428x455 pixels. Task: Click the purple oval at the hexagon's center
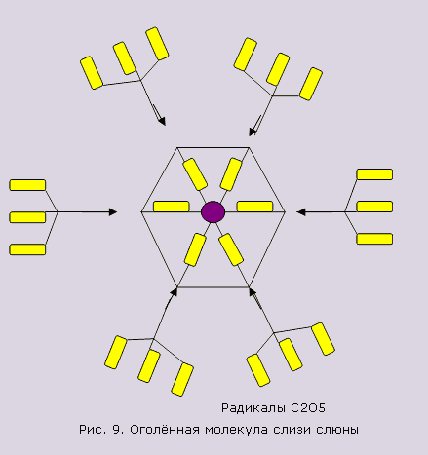pos(213,211)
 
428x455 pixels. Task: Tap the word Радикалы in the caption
pos(253,408)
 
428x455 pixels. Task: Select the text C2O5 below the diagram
pos(308,407)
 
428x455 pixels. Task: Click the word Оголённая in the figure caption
pos(165,430)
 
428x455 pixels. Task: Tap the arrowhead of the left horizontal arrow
pos(113,212)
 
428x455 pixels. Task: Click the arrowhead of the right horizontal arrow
pos(300,212)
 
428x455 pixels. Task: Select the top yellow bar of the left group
pos(27,185)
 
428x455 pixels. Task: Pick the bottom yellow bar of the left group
pos(27,249)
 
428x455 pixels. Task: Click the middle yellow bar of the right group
pos(374,207)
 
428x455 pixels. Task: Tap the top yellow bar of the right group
pos(374,174)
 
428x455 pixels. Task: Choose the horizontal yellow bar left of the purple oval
pos(172,207)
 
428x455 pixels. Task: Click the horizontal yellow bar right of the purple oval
pos(254,207)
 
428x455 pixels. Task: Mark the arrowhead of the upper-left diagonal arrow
pos(162,121)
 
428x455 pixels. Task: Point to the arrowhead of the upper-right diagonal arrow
pos(253,132)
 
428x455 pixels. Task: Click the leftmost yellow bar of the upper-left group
pos(92,73)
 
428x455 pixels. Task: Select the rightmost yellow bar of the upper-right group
pos(311,84)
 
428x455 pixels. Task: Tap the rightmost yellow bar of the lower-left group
pos(182,380)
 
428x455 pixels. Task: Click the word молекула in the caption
pos(236,430)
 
